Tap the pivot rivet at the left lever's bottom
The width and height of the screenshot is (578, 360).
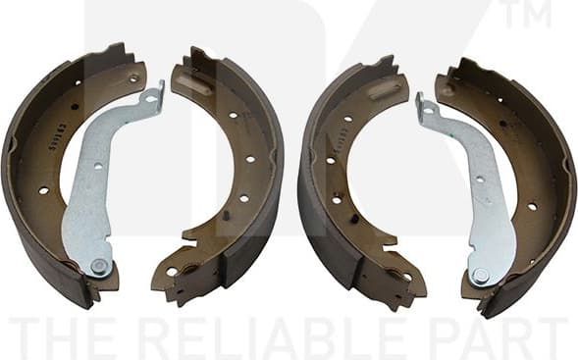click(x=97, y=265)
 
